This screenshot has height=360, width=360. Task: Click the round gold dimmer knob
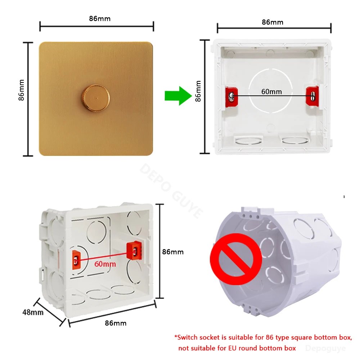coord(95,99)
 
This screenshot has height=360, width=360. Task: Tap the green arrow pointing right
coord(178,96)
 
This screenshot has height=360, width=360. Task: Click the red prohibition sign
coord(236,259)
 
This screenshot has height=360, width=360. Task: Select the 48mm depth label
coord(33,312)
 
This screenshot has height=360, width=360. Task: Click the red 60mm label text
coord(105,264)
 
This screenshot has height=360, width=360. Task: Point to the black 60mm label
coord(271,91)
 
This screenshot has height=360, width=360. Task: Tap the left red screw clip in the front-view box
coord(231,96)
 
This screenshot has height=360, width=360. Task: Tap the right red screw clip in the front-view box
coord(312,96)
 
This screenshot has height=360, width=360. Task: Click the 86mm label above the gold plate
coord(100,19)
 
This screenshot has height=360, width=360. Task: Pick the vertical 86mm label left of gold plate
coord(21,90)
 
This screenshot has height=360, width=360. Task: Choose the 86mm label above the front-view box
coord(273,22)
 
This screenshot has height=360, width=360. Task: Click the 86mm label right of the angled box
coord(173,252)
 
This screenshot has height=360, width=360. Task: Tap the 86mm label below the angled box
coord(116,323)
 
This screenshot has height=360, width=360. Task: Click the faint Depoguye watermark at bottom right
coord(325,348)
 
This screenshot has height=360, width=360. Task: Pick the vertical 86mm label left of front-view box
coord(198,91)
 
